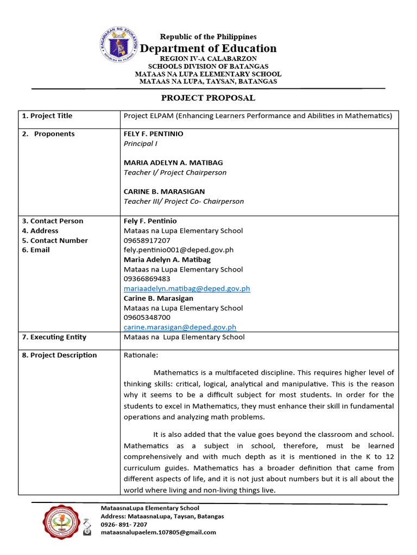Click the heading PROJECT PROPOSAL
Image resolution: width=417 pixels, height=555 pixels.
click(x=208, y=98)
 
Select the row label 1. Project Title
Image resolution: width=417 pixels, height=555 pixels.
click(x=47, y=116)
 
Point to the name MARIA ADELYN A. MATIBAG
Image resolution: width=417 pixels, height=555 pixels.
click(x=173, y=163)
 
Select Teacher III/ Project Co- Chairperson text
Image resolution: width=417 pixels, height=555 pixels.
click(x=184, y=201)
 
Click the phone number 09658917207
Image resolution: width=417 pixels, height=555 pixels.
click(x=147, y=240)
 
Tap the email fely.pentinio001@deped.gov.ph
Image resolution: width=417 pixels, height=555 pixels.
click(x=178, y=250)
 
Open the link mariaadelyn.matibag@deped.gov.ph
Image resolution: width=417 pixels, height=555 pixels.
click(x=187, y=289)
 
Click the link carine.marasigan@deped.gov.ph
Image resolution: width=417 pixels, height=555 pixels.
click(x=180, y=327)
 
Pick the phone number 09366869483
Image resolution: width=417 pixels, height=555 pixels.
click(x=147, y=279)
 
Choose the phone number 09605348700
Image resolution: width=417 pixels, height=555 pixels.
click(x=147, y=318)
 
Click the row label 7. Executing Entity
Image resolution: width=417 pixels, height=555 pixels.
click(x=54, y=337)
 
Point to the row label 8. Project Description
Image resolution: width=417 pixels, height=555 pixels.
click(x=59, y=356)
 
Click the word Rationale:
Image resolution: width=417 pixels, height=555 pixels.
click(x=141, y=356)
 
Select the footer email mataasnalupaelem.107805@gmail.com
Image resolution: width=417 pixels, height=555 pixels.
click(x=158, y=532)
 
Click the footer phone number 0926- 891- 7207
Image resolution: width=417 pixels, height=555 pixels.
click(x=124, y=525)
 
